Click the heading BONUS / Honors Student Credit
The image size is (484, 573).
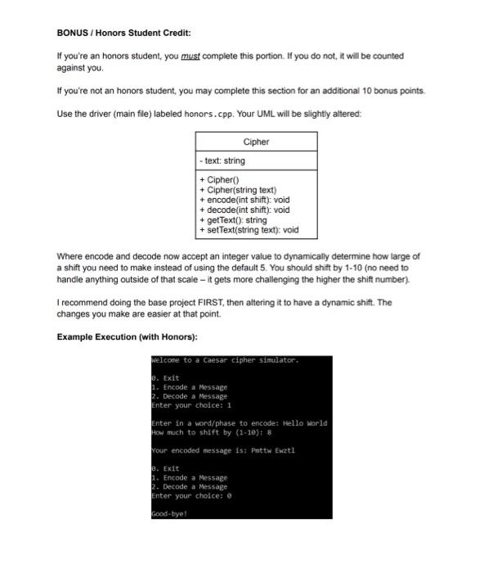pyautogui.click(x=123, y=33)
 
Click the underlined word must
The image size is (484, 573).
pyautogui.click(x=190, y=56)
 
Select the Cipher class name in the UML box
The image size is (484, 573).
pyautogui.click(x=256, y=142)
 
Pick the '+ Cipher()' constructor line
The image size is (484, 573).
pyautogui.click(x=217, y=179)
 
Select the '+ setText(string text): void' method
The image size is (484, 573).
pyautogui.click(x=249, y=230)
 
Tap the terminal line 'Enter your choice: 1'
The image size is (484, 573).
pyautogui.click(x=192, y=404)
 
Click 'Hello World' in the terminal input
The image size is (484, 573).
pyautogui.click(x=303, y=423)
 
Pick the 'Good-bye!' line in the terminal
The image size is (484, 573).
pyautogui.click(x=169, y=513)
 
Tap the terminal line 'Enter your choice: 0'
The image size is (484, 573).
pyautogui.click(x=192, y=495)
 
